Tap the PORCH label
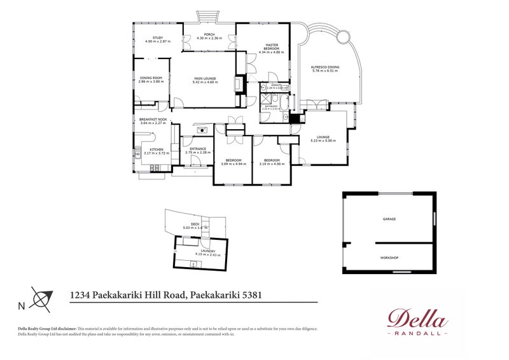pos(209,34)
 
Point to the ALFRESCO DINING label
pos(324,67)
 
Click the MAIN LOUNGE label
pos(206,78)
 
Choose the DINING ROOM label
pos(151,78)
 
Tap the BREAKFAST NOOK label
pos(153,120)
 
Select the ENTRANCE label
pos(197,149)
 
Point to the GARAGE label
pos(389,219)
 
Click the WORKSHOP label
pos(389,258)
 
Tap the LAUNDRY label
pos(209,251)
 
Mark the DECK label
pos(205,224)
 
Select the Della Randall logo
pos(417,322)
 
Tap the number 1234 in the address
pos(80,294)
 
